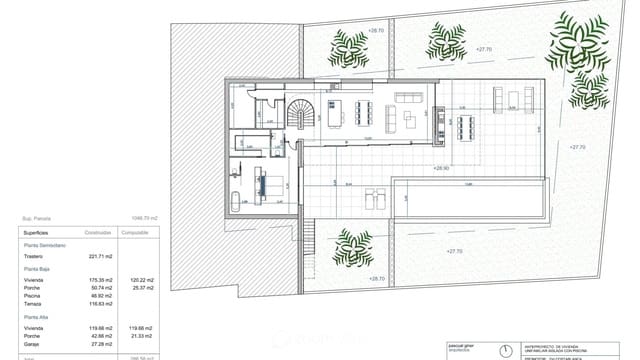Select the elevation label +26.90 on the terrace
click(x=441, y=168)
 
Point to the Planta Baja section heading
click(x=39, y=270)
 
